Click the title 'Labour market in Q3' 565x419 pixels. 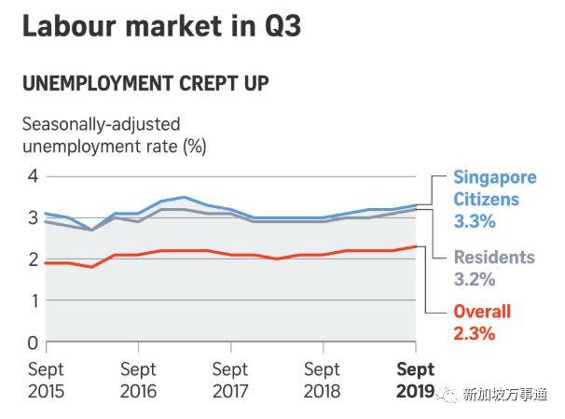(160, 25)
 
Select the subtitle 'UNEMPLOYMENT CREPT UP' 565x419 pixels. (145, 83)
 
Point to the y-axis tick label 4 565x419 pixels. (32, 175)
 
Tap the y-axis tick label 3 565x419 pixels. (32, 217)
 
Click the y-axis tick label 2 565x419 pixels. (32, 259)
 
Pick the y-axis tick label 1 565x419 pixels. (32, 300)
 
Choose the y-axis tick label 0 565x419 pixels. (32, 342)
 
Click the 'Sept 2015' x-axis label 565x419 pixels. (46, 380)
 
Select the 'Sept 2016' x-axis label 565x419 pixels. (138, 380)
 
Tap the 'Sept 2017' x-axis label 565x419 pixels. (230, 380)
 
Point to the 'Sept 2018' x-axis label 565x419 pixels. (323, 380)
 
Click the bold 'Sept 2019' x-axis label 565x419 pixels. (414, 380)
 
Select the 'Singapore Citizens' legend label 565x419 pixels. (486, 187)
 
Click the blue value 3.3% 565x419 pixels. (475, 223)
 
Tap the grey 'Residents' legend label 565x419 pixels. (495, 257)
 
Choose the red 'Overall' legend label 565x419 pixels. (482, 312)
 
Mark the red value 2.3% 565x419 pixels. (475, 334)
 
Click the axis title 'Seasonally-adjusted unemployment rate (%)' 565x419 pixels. (114, 133)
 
